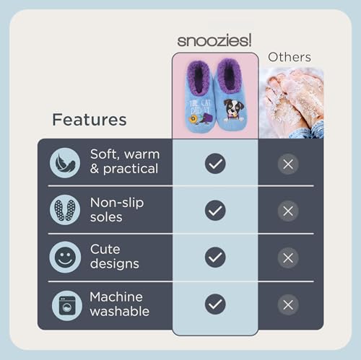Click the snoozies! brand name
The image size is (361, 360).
[215, 40]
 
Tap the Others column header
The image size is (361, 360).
[290, 57]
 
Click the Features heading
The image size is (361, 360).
[90, 119]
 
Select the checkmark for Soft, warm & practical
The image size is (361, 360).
[215, 164]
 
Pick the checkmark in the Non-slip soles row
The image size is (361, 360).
[215, 211]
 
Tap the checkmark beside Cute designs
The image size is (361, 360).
[215, 258]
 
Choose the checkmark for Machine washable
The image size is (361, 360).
[215, 304]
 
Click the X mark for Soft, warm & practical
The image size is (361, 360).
[288, 164]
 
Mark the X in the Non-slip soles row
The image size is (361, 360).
[288, 211]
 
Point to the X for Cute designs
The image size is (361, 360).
[288, 258]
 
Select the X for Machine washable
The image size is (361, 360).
[288, 304]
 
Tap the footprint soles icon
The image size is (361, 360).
[66, 210]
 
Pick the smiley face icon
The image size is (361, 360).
[66, 257]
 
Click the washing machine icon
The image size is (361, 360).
[66, 304]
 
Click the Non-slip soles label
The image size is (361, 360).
[116, 210]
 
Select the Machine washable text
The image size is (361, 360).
[120, 304]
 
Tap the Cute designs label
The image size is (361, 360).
[115, 257]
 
